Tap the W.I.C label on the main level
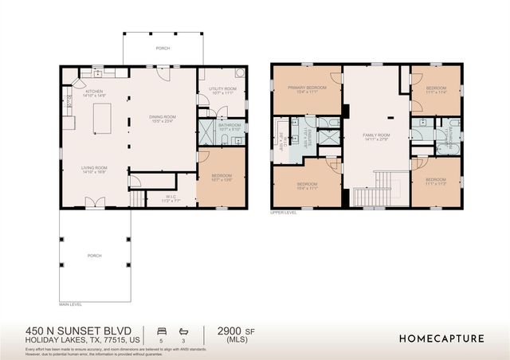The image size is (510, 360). (x=171, y=198)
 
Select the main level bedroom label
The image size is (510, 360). (x=222, y=177)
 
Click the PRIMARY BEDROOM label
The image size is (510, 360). (x=303, y=90)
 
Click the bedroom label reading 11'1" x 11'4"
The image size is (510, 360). (x=436, y=89)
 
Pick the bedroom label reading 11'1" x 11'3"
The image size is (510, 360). (x=435, y=182)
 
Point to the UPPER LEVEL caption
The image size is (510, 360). (x=283, y=213)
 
